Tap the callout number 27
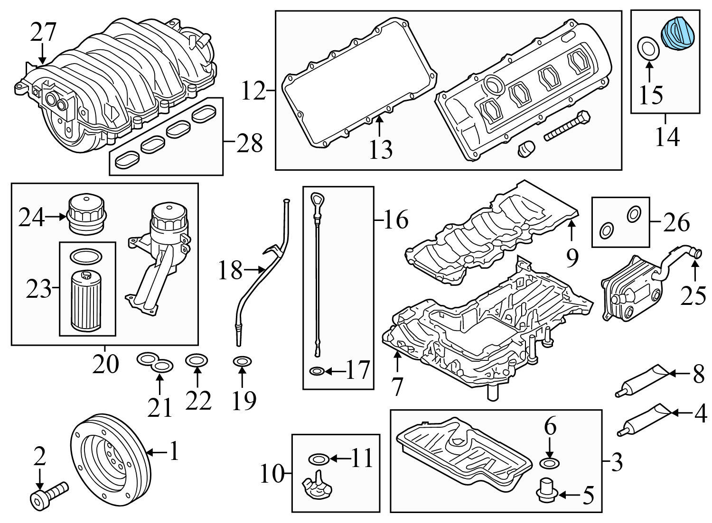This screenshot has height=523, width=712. click(x=43, y=32)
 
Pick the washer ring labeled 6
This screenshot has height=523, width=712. click(x=550, y=463)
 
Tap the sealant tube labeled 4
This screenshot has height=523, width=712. click(x=645, y=419)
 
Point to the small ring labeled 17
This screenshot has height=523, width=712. click(x=317, y=371)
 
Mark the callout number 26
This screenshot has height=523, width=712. click(x=676, y=222)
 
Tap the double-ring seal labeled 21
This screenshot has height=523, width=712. click(x=156, y=363)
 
